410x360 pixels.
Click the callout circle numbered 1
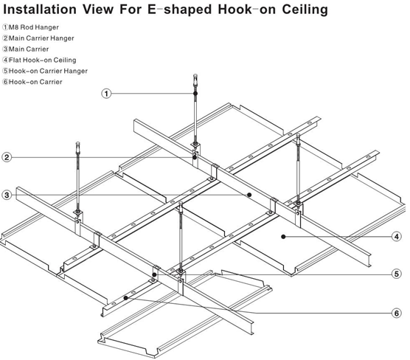[107, 94]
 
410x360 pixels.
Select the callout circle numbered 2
[6, 157]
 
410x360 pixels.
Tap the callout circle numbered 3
[6, 195]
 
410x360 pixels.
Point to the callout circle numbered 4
[396, 237]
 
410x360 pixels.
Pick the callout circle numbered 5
[396, 274]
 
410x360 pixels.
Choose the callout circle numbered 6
[396, 313]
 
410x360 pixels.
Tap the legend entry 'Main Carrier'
[29, 49]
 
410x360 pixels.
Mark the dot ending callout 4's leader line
[283, 237]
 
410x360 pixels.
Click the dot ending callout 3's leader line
[250, 194]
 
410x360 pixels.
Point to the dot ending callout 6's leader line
[128, 298]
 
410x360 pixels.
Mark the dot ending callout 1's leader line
[195, 93]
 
